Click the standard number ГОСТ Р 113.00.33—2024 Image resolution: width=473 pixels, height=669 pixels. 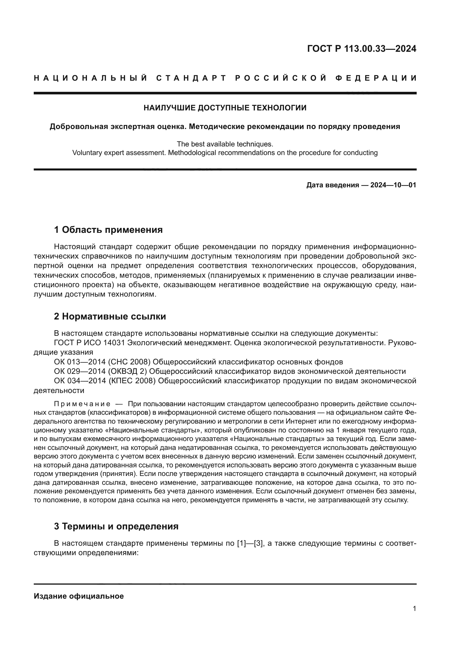[361, 49]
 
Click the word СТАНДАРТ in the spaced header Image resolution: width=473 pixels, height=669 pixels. [191, 78]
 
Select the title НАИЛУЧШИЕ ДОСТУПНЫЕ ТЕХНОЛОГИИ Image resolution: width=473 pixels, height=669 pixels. [225, 108]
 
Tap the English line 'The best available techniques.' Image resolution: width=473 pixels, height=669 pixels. [225, 144]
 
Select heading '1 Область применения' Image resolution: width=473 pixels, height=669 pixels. [108, 230]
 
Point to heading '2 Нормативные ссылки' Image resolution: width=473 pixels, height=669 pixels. [110, 316]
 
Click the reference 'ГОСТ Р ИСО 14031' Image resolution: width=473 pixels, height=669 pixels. [90, 343]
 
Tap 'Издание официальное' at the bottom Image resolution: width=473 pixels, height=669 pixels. [79, 596]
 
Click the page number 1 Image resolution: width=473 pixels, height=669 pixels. [414, 609]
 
